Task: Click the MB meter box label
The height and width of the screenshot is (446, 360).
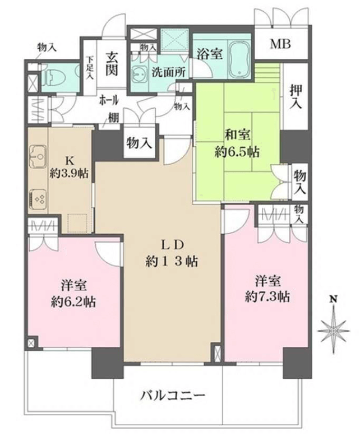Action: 280,44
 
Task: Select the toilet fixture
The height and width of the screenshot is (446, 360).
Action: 53,77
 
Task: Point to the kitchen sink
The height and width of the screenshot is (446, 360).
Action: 37,157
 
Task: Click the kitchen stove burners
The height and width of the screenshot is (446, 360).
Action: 39,198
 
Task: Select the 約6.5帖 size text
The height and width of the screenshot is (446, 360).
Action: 237,153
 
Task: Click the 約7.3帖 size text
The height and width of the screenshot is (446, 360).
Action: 267,297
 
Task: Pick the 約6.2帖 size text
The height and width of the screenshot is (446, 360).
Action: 73,301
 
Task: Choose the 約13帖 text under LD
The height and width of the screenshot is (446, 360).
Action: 172,262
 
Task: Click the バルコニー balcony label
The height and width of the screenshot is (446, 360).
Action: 173,396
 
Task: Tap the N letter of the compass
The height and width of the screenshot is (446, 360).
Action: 334,299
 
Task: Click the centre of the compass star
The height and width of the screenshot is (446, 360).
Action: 334,331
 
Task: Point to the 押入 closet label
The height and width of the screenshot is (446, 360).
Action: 296,97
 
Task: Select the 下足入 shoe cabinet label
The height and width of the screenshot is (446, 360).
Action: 90,68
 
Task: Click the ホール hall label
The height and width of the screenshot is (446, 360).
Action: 109,100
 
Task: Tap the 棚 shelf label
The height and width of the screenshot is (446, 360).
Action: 113,118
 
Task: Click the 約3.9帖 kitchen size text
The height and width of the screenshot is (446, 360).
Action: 69,174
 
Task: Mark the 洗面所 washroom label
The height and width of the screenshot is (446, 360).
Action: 168,72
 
